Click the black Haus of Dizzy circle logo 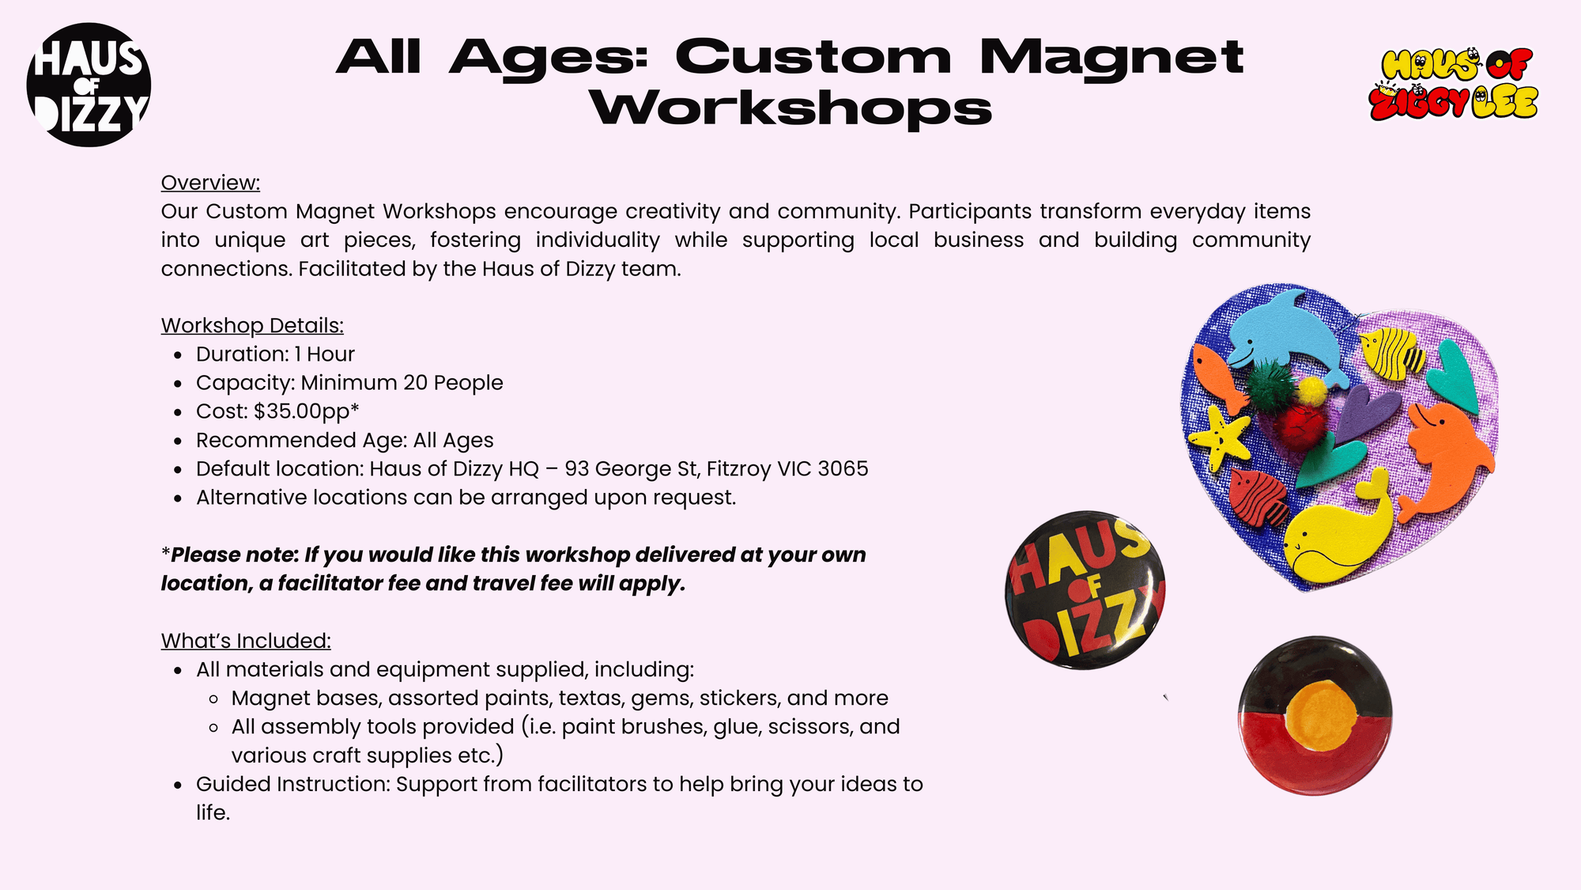tap(89, 85)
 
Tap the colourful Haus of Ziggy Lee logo tap(1454, 85)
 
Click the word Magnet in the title tap(1111, 58)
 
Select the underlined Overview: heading tap(210, 183)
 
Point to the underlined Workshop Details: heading tap(252, 325)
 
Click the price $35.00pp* tap(307, 411)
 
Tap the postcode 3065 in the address tap(843, 468)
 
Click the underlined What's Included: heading tap(246, 641)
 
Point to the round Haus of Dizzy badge tap(1085, 590)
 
